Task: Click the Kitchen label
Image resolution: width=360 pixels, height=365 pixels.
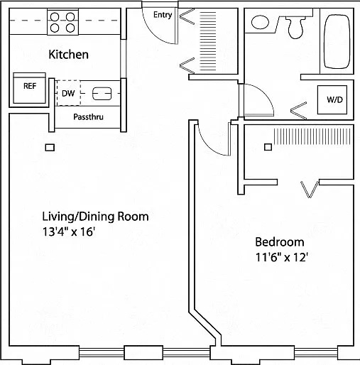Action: pyautogui.click(x=68, y=55)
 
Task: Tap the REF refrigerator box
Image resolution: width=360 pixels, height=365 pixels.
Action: pyautogui.click(x=29, y=88)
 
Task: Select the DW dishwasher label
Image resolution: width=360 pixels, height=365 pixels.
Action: pyautogui.click(x=68, y=94)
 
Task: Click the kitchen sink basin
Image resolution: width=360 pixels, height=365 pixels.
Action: pyautogui.click(x=102, y=94)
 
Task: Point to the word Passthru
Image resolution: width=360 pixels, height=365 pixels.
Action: pyautogui.click(x=88, y=117)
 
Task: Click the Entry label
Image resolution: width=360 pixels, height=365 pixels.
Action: pyautogui.click(x=163, y=15)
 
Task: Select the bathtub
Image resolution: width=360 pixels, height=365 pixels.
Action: pyautogui.click(x=337, y=42)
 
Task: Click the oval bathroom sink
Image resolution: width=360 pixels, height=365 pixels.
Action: pyautogui.click(x=260, y=22)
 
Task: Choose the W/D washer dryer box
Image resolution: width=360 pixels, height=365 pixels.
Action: pyautogui.click(x=332, y=99)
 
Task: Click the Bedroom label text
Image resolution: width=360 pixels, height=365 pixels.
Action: pyautogui.click(x=280, y=242)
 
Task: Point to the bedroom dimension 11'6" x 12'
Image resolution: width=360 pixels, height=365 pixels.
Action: pyautogui.click(x=281, y=257)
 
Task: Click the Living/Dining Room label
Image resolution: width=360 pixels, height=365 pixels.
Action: pyautogui.click(x=95, y=217)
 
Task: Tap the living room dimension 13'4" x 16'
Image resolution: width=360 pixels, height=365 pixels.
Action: pyautogui.click(x=69, y=231)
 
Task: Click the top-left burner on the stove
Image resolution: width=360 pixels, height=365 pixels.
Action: pyautogui.click(x=55, y=17)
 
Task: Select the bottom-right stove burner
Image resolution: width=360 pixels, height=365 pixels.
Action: pyautogui.click(x=70, y=28)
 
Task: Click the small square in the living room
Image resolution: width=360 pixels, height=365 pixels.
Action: pyautogui.click(x=50, y=148)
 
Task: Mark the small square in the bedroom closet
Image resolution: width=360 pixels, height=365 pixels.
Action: pyautogui.click(x=268, y=147)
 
